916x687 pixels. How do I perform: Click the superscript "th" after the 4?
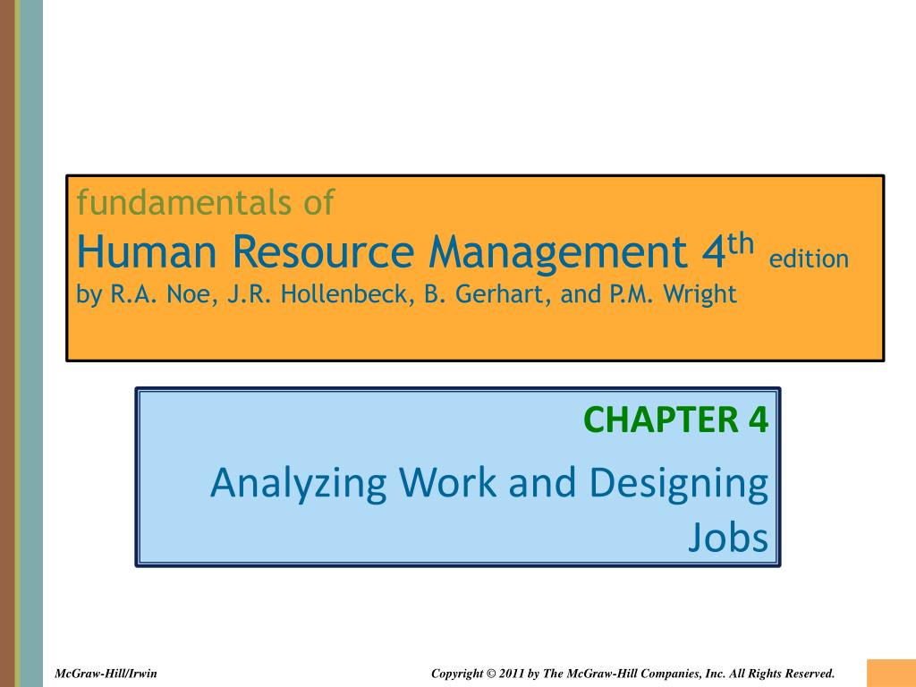pyautogui.click(x=742, y=243)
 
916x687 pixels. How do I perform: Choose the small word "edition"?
pyautogui.click(x=809, y=259)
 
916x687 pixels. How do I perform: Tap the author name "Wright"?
pyautogui.click(x=701, y=294)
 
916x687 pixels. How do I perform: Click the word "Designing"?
pyautogui.click(x=679, y=484)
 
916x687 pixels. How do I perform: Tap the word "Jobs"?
pyautogui.click(x=728, y=538)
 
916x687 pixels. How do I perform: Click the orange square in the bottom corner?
pyautogui.click(x=891, y=673)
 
